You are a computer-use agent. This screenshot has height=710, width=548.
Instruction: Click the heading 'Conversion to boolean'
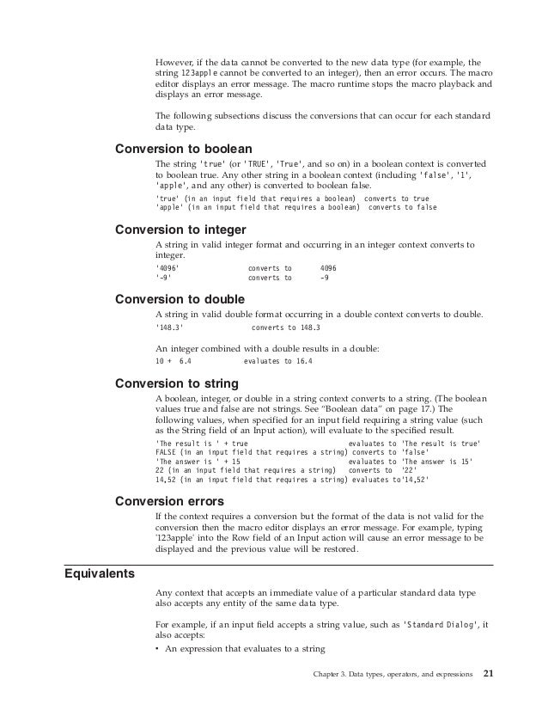178,146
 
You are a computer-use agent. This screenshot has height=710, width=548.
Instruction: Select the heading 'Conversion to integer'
175,230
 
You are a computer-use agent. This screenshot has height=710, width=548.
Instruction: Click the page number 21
490,672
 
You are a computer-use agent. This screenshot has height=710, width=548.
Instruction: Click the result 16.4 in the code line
303,362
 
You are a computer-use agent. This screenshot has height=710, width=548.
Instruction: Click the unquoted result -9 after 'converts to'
324,279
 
